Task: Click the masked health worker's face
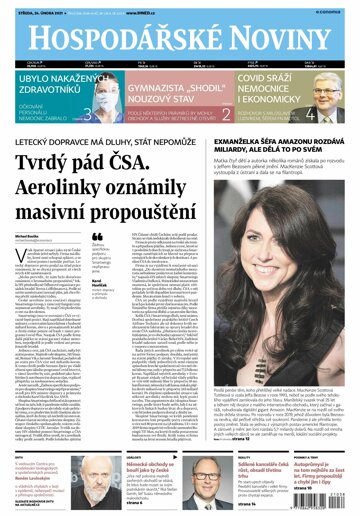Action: click(x=101, y=107)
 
